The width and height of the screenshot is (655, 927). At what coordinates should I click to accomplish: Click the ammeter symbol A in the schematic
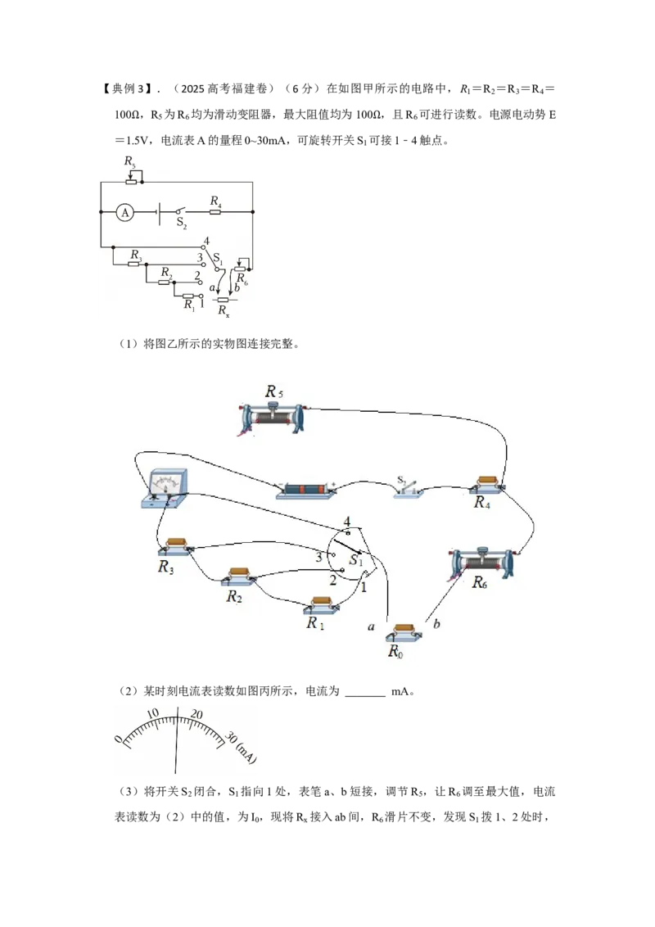pos(124,211)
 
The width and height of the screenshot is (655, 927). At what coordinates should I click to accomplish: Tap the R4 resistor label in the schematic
pos(216,201)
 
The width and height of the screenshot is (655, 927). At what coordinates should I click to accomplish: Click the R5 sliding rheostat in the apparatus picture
pos(273,418)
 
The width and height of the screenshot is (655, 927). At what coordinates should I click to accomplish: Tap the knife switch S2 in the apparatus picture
pos(409,488)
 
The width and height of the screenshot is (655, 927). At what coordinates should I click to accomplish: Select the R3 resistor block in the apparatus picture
pos(177,545)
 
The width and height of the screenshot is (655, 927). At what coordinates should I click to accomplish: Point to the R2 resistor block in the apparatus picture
pos(239,576)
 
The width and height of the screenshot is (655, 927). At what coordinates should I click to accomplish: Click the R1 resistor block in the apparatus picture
pos(322,604)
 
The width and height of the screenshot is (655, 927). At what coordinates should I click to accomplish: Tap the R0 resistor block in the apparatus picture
pos(404,632)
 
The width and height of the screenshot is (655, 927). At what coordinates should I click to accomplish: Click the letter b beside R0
pos(436,623)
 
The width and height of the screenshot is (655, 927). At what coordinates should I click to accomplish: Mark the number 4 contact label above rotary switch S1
pos(347,521)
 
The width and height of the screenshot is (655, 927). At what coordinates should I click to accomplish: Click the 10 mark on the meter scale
pos(152,713)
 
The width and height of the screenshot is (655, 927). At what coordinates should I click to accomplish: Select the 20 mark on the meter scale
pos(196,714)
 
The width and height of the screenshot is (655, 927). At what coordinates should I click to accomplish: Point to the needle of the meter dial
pos(177,738)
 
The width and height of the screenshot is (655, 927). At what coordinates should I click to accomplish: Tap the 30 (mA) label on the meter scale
pos(241,748)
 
